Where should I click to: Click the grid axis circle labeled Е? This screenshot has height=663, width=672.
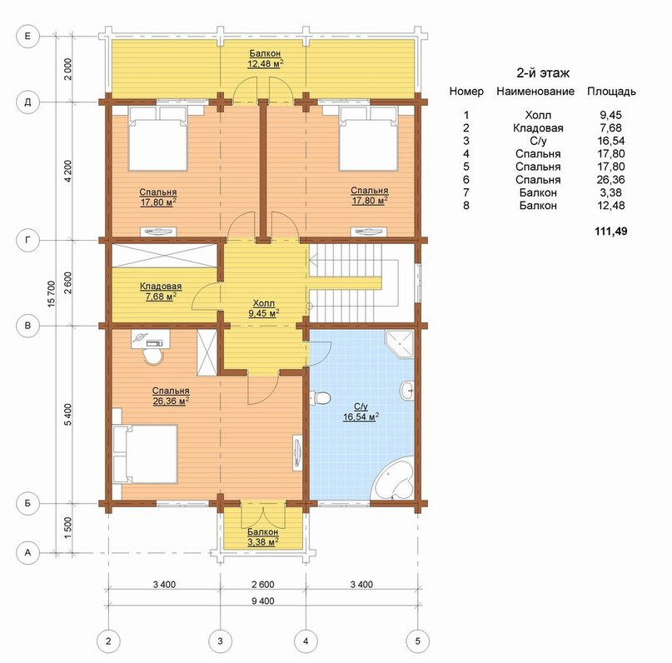[x=27, y=36]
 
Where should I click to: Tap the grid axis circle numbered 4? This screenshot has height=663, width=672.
[x=306, y=641]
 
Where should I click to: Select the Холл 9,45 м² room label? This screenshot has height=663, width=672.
[x=264, y=308]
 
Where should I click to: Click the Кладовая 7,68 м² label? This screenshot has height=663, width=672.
[x=161, y=291]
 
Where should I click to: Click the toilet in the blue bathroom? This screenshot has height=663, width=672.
[x=319, y=397]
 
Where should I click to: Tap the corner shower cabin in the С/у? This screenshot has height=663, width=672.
[x=400, y=344]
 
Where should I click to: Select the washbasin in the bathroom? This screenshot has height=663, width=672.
[x=407, y=391]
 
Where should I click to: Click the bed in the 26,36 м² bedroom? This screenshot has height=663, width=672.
[x=145, y=454]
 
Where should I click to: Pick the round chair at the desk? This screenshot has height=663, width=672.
[x=153, y=356]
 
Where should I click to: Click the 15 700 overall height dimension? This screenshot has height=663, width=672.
[x=52, y=294]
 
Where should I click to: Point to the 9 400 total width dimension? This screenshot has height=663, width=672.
[x=262, y=601]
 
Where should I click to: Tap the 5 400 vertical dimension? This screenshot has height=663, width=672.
[x=68, y=414]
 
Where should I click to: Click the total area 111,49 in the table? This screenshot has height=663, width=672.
[x=611, y=231]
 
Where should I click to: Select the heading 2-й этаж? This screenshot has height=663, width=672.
[x=543, y=72]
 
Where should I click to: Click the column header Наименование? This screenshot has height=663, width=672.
[x=535, y=92]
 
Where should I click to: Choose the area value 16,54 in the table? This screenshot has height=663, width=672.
[x=611, y=141]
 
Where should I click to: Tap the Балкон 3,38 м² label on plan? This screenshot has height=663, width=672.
[x=262, y=537]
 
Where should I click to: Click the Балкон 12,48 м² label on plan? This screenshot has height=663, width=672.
[x=266, y=58]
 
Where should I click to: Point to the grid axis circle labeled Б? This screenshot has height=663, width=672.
[x=27, y=502]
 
